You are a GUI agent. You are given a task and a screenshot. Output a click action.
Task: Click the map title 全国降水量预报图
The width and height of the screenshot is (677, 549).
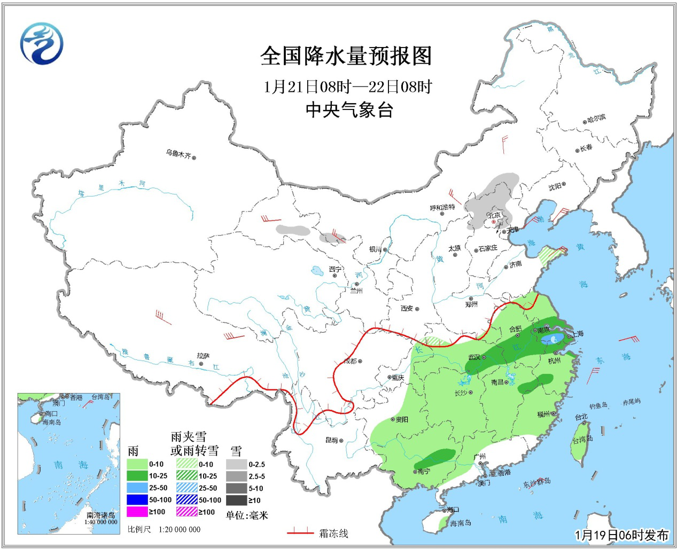click(346, 56)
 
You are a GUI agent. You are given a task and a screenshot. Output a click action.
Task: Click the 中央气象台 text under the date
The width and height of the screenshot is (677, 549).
click(349, 109)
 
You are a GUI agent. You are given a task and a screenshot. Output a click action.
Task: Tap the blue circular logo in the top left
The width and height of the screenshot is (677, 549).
click(42, 44)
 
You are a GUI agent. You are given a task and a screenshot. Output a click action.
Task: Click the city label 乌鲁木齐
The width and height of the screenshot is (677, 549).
click(178, 154)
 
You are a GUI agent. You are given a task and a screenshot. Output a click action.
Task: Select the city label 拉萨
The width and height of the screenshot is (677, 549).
click(203, 356)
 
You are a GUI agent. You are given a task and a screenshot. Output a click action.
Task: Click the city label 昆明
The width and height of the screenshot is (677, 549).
click(331, 441)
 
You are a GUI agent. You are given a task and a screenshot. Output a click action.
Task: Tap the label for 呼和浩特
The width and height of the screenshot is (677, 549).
click(442, 207)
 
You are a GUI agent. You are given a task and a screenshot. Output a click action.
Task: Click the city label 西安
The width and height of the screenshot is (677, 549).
click(407, 309)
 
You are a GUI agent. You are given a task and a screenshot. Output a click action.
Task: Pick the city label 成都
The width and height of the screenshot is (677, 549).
click(350, 362)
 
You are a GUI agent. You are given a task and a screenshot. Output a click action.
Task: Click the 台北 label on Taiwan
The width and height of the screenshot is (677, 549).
click(581, 417)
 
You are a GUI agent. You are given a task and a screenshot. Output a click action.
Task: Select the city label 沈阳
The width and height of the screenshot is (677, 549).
click(555, 186)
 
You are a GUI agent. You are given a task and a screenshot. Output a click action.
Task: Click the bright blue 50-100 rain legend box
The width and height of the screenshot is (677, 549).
click(137, 500)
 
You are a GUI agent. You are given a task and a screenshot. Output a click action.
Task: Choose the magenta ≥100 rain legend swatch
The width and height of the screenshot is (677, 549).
click(137, 512)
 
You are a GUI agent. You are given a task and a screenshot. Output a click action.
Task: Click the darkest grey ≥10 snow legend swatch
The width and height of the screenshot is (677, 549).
click(236, 500)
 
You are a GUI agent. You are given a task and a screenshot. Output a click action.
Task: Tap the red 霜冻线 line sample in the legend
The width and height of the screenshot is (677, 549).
click(300, 532)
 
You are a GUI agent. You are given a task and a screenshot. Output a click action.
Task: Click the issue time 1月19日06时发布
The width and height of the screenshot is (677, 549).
click(621, 535)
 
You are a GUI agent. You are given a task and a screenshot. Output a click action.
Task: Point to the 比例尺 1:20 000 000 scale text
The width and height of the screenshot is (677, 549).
click(164, 529)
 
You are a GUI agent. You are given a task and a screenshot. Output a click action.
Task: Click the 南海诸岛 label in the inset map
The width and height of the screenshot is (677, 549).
click(101, 515)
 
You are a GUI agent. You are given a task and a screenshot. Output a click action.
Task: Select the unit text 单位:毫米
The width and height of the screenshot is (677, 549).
click(247, 515)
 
